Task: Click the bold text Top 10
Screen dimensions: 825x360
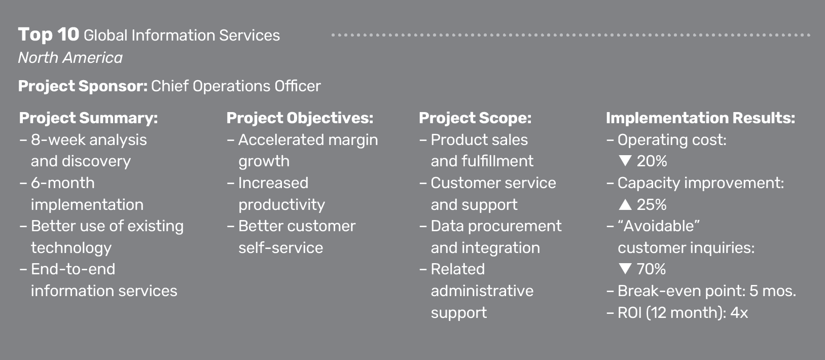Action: click(49, 35)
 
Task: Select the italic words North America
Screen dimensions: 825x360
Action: click(70, 58)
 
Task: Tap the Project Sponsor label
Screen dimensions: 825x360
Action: click(83, 86)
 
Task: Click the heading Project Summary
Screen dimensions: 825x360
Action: click(88, 118)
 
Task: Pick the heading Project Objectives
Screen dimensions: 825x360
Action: click(300, 118)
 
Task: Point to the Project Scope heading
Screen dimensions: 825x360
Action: click(475, 118)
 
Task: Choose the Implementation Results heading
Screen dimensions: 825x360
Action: click(700, 118)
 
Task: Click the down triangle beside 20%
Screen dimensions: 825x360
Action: click(625, 161)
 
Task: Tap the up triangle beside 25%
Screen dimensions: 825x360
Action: click(625, 204)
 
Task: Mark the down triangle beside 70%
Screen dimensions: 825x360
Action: click(625, 269)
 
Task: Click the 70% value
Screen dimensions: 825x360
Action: click(651, 269)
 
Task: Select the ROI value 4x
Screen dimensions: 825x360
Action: click(739, 312)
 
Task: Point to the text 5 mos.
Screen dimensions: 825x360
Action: click(773, 291)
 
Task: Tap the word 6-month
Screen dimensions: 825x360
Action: click(62, 183)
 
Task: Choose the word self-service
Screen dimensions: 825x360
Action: click(280, 248)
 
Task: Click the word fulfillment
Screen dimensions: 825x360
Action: click(498, 161)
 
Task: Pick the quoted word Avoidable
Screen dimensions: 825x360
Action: click(659, 226)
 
